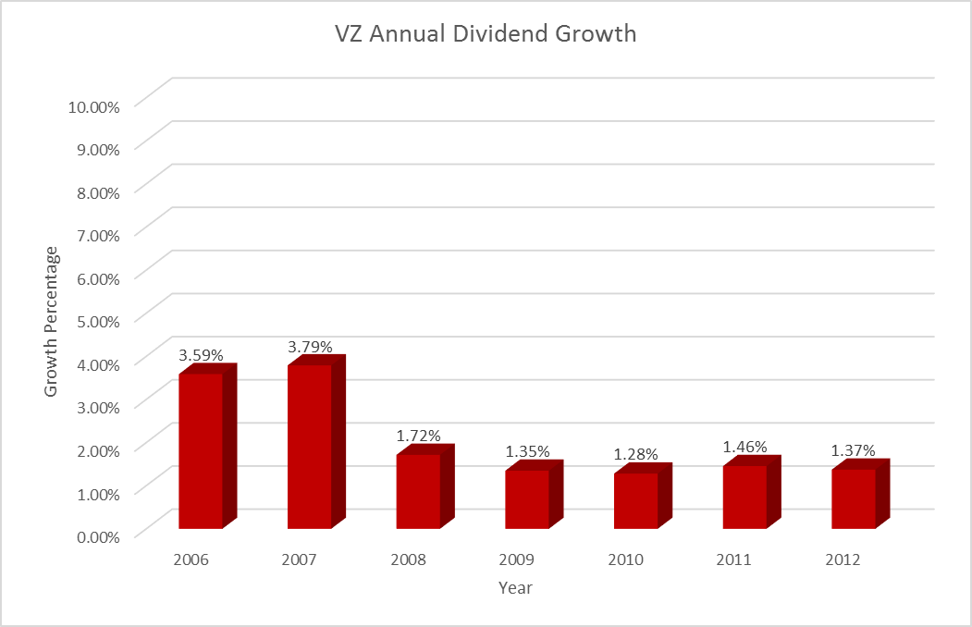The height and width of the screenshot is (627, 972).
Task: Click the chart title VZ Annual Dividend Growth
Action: tap(486, 34)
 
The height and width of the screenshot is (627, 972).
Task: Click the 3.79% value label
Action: tap(310, 345)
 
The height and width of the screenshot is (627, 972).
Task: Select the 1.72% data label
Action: tap(419, 435)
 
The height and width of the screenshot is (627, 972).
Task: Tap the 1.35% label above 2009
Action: tap(527, 451)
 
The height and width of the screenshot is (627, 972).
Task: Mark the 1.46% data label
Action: tap(745, 446)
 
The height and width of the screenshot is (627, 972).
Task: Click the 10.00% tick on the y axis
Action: tap(93, 106)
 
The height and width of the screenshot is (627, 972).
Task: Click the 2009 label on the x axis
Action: tap(517, 560)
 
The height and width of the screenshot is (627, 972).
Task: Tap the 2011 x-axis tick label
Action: tap(734, 560)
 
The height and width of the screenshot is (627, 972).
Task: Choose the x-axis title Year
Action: tap(515, 588)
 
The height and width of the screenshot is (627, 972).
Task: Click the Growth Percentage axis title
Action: tap(52, 321)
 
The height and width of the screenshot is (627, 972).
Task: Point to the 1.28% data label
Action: tap(636, 454)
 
